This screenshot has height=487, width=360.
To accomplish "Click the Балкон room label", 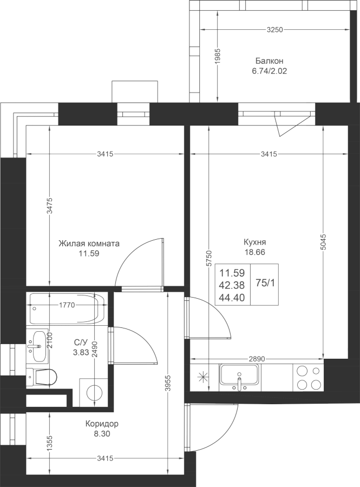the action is click(269, 61).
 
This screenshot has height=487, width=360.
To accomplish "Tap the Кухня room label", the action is click(254, 242).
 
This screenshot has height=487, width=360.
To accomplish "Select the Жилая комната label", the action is click(89, 243).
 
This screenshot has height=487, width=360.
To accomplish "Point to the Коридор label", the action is click(102, 424).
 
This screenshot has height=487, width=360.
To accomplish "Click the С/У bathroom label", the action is click(81, 343).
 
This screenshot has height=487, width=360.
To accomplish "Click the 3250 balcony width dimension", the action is click(275, 30).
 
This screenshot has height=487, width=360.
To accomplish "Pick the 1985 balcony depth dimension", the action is click(218, 56).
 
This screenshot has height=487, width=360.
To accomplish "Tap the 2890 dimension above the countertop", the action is click(257, 359).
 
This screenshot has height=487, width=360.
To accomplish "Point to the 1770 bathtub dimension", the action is click(67, 305).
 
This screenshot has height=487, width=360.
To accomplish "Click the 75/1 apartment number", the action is click(265, 283).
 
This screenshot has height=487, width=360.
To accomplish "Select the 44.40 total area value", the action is click(232, 298).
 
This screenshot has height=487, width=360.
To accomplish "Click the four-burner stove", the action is click(308, 378).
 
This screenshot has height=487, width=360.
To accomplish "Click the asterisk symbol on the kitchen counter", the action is click(203, 377).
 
